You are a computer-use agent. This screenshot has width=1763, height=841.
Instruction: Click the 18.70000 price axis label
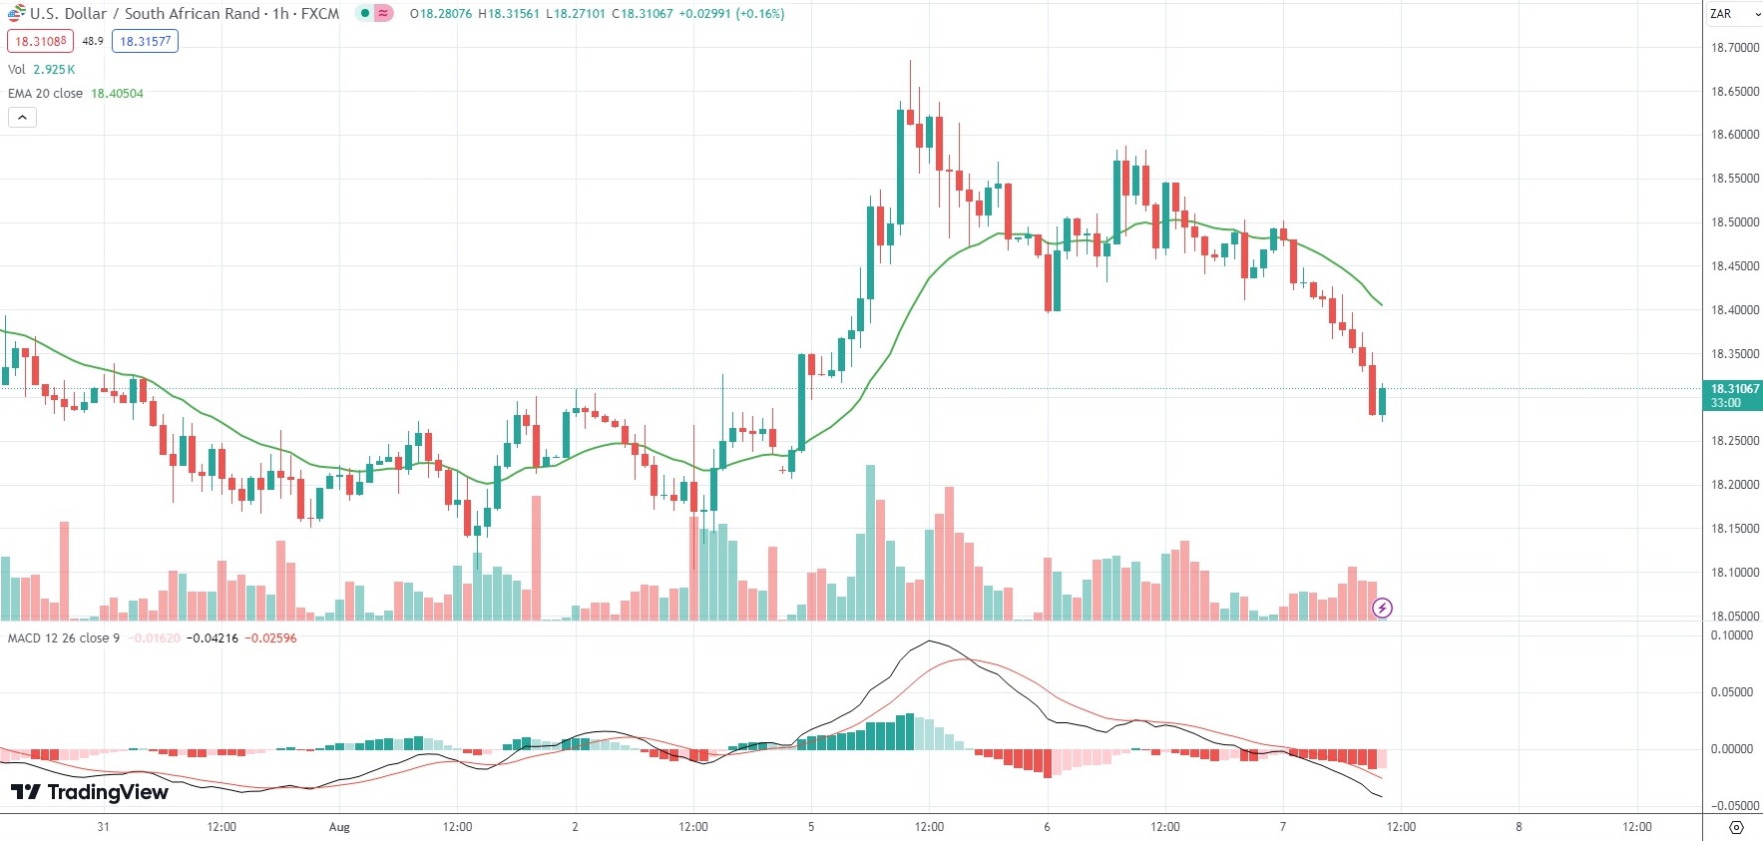[1734, 47]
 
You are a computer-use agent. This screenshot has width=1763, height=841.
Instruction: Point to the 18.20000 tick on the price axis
[1734, 485]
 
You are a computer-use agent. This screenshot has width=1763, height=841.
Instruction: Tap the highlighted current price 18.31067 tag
[1734, 389]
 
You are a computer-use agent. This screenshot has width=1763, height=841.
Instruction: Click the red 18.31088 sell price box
[40, 41]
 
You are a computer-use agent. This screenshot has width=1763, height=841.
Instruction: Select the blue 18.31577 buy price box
[145, 41]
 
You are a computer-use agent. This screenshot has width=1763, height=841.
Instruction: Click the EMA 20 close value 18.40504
[117, 94]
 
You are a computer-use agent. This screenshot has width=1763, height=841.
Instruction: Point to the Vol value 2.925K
[54, 70]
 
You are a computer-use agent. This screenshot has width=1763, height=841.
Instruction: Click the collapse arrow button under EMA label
[22, 118]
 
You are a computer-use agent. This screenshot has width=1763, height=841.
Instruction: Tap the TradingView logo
[90, 792]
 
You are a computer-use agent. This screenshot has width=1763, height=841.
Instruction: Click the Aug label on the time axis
[339, 827]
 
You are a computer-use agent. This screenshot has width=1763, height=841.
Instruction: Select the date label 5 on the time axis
[811, 827]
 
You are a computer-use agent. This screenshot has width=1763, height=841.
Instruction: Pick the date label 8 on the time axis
[1519, 827]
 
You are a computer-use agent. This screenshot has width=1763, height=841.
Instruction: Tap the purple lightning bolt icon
[1382, 608]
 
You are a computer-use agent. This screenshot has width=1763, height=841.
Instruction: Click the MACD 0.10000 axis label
[1731, 635]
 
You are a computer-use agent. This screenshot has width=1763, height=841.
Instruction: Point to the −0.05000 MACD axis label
[1731, 806]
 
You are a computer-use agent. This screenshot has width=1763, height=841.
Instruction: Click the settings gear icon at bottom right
[1736, 827]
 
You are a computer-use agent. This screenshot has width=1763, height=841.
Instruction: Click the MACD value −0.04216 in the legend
[212, 638]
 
